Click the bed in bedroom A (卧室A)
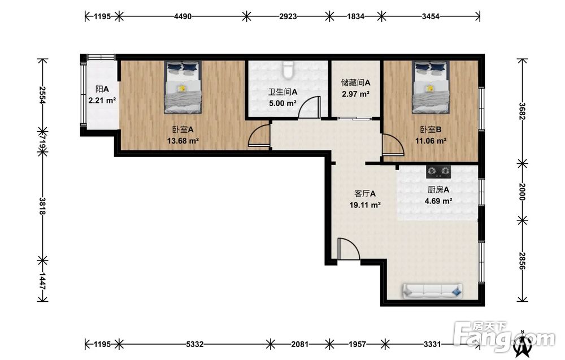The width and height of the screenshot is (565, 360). [x=182, y=87]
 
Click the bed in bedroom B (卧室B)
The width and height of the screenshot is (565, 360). [x=431, y=87]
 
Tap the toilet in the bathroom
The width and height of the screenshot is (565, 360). [x=288, y=70]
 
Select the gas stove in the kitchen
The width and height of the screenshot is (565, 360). [x=438, y=172]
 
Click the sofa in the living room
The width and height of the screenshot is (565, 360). [x=432, y=291]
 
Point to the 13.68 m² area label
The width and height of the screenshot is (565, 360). [x=183, y=141]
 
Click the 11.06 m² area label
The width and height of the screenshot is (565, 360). [x=431, y=141]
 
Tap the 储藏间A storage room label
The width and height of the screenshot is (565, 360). [x=355, y=83]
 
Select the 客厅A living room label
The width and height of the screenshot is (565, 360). [x=365, y=193]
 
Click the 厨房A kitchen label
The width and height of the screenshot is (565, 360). [x=438, y=189]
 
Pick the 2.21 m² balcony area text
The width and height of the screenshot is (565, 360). [x=102, y=101]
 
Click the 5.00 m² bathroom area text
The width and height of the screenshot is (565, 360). [x=283, y=103]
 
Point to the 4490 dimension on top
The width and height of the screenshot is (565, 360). [x=182, y=16]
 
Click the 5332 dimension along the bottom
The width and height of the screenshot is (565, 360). [x=194, y=344]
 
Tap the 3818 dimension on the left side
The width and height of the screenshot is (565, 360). [x=42, y=206]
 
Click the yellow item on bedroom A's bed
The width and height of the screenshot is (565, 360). [x=182, y=88]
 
